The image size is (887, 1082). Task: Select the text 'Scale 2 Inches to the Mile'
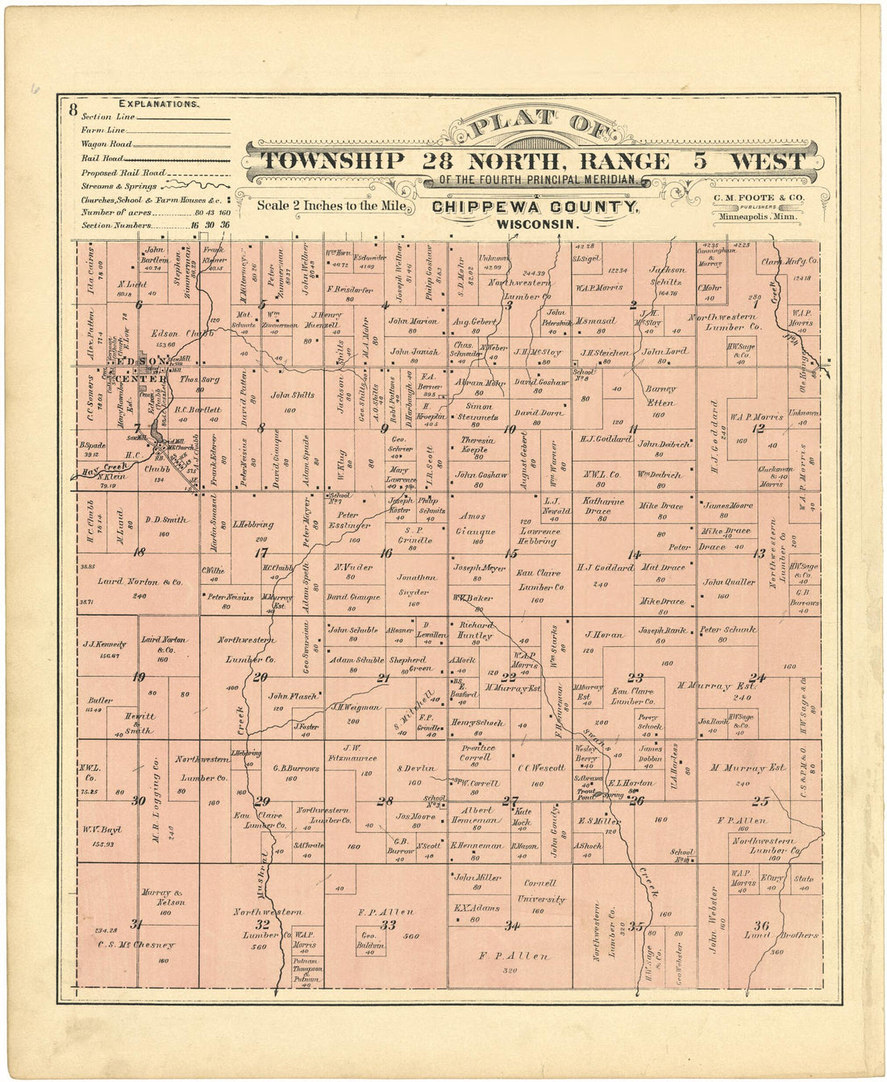point(331,205)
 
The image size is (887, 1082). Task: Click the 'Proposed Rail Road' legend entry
point(123,172)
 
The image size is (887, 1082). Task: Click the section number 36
point(760,924)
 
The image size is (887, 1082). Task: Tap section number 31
point(136,924)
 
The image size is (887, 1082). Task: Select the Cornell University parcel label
point(539,889)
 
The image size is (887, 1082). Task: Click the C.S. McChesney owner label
point(135,945)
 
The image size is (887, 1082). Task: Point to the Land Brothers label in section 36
point(781,935)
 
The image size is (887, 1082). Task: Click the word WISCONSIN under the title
point(538,224)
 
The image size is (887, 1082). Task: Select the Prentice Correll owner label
point(476,752)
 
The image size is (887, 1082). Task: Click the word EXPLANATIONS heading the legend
point(159,104)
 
